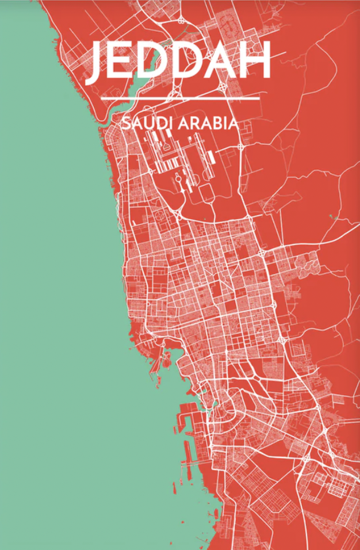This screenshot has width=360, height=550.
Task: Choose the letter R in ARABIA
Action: [196, 123]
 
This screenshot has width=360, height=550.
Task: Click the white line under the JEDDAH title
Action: [180, 98]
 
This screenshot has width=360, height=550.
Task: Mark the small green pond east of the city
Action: [332, 217]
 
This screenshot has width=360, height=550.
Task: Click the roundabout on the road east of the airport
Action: [240, 147]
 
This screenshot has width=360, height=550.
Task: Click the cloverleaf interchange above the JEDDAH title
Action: [182, 20]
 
